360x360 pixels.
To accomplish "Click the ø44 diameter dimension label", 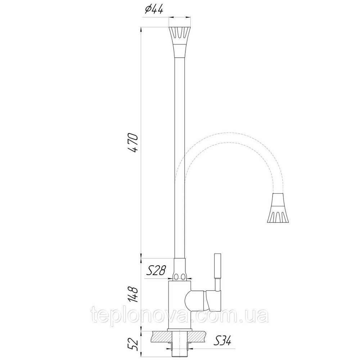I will [x=154, y=10].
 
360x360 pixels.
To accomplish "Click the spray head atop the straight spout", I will [x=179, y=41].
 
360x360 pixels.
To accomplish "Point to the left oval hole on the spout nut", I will [x=176, y=277].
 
